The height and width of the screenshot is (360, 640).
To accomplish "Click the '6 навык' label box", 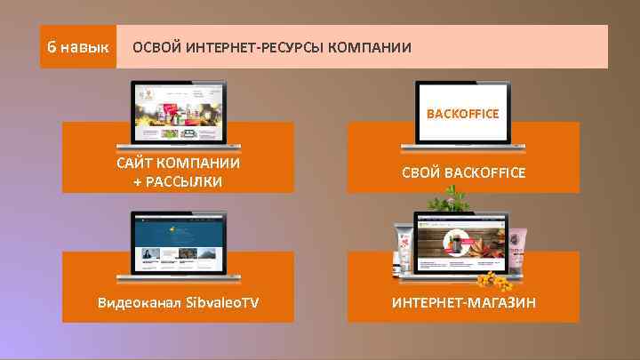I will (x=78, y=46).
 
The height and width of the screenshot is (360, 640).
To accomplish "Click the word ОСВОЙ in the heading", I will (x=155, y=47).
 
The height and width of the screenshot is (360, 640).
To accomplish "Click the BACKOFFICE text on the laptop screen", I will (x=462, y=114).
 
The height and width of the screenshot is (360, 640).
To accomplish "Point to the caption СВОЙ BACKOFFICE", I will (x=462, y=172).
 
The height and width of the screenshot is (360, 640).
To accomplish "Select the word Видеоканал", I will (x=140, y=303).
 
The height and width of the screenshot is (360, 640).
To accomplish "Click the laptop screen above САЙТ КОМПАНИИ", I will (x=178, y=113).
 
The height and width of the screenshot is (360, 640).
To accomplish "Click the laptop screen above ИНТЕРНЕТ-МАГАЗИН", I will (x=462, y=244).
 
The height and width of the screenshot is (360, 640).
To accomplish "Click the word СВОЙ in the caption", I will (x=420, y=172).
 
